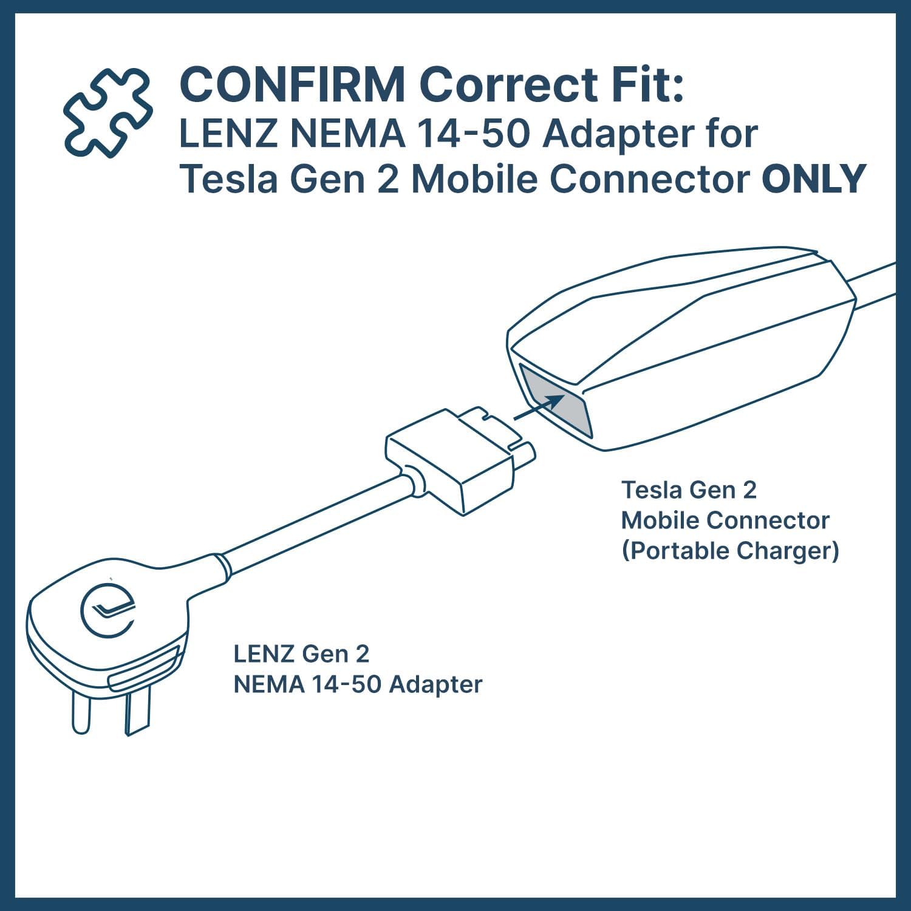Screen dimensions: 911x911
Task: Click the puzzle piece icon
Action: (x=108, y=112)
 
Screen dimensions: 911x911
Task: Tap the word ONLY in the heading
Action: (x=814, y=179)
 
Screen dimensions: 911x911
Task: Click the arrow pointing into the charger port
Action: (x=539, y=407)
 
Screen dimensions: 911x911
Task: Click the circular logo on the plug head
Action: (x=107, y=611)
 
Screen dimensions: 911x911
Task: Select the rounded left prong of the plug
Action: (x=81, y=712)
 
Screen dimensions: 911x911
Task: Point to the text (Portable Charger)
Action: (x=730, y=550)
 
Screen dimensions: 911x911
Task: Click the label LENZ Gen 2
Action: (x=301, y=653)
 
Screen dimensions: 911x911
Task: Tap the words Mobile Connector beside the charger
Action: (x=725, y=520)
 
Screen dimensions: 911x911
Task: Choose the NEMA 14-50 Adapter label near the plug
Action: (x=358, y=684)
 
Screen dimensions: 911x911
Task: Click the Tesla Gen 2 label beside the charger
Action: (x=689, y=490)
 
